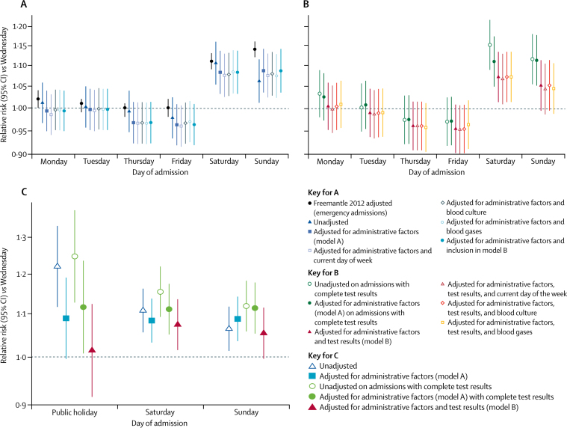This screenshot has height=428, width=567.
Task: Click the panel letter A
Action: [24, 4]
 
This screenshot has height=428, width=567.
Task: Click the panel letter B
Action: [306, 4]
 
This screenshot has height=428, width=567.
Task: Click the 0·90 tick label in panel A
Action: [21, 155]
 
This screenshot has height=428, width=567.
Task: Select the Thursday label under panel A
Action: [139, 161]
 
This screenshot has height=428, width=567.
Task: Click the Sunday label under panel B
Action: [543, 161]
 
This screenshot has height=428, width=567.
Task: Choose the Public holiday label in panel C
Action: [75, 412]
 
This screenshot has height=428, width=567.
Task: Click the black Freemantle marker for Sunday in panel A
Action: [255, 49]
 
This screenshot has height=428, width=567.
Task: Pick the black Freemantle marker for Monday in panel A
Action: [38, 99]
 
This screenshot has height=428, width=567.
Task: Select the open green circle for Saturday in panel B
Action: [489, 45]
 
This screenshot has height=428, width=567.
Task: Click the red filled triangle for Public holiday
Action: [92, 349]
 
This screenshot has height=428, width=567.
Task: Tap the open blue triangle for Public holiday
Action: [57, 266]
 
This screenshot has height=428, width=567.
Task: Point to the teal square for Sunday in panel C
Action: [238, 319]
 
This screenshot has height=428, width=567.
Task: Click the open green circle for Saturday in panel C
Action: [160, 292]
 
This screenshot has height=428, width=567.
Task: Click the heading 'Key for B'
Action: [323, 272]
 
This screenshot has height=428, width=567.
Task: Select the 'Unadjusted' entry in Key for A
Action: [330, 222]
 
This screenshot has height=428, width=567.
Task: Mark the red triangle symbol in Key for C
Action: [312, 407]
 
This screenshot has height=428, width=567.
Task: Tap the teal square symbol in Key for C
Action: [312, 376]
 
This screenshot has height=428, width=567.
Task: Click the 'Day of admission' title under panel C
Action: [159, 424]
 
